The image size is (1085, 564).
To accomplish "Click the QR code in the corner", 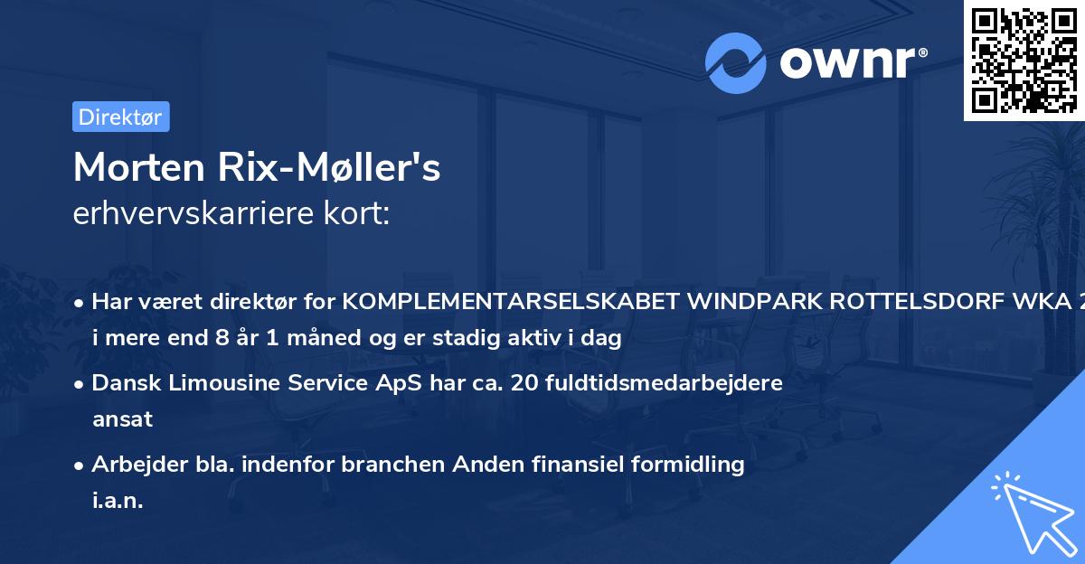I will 1024,60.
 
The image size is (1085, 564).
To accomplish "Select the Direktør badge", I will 120,117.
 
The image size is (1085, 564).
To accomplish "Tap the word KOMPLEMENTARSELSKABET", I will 511,302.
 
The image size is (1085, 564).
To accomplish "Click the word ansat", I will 122,419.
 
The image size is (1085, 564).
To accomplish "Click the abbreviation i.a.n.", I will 118,500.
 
